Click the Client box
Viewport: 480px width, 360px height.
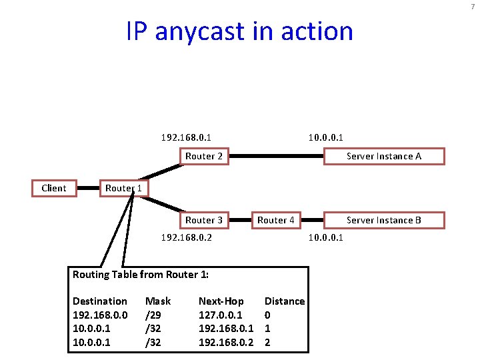click(54, 188)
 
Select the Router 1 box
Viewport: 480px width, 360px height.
click(124, 188)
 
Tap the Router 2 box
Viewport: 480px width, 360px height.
click(204, 156)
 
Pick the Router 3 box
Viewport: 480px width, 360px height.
click(204, 220)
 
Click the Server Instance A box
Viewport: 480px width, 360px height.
click(384, 156)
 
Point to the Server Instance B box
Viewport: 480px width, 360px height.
click(384, 220)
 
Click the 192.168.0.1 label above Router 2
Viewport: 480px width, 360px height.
click(187, 138)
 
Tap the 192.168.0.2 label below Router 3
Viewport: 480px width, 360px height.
click(187, 237)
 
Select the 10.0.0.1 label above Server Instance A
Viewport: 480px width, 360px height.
click(326, 138)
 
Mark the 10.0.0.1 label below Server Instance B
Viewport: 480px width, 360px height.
click(326, 237)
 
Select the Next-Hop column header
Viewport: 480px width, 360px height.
click(221, 301)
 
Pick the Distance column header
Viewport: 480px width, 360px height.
click(285, 301)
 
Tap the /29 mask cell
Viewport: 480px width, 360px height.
click(153, 315)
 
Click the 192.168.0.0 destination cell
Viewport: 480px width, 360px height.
click(100, 315)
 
